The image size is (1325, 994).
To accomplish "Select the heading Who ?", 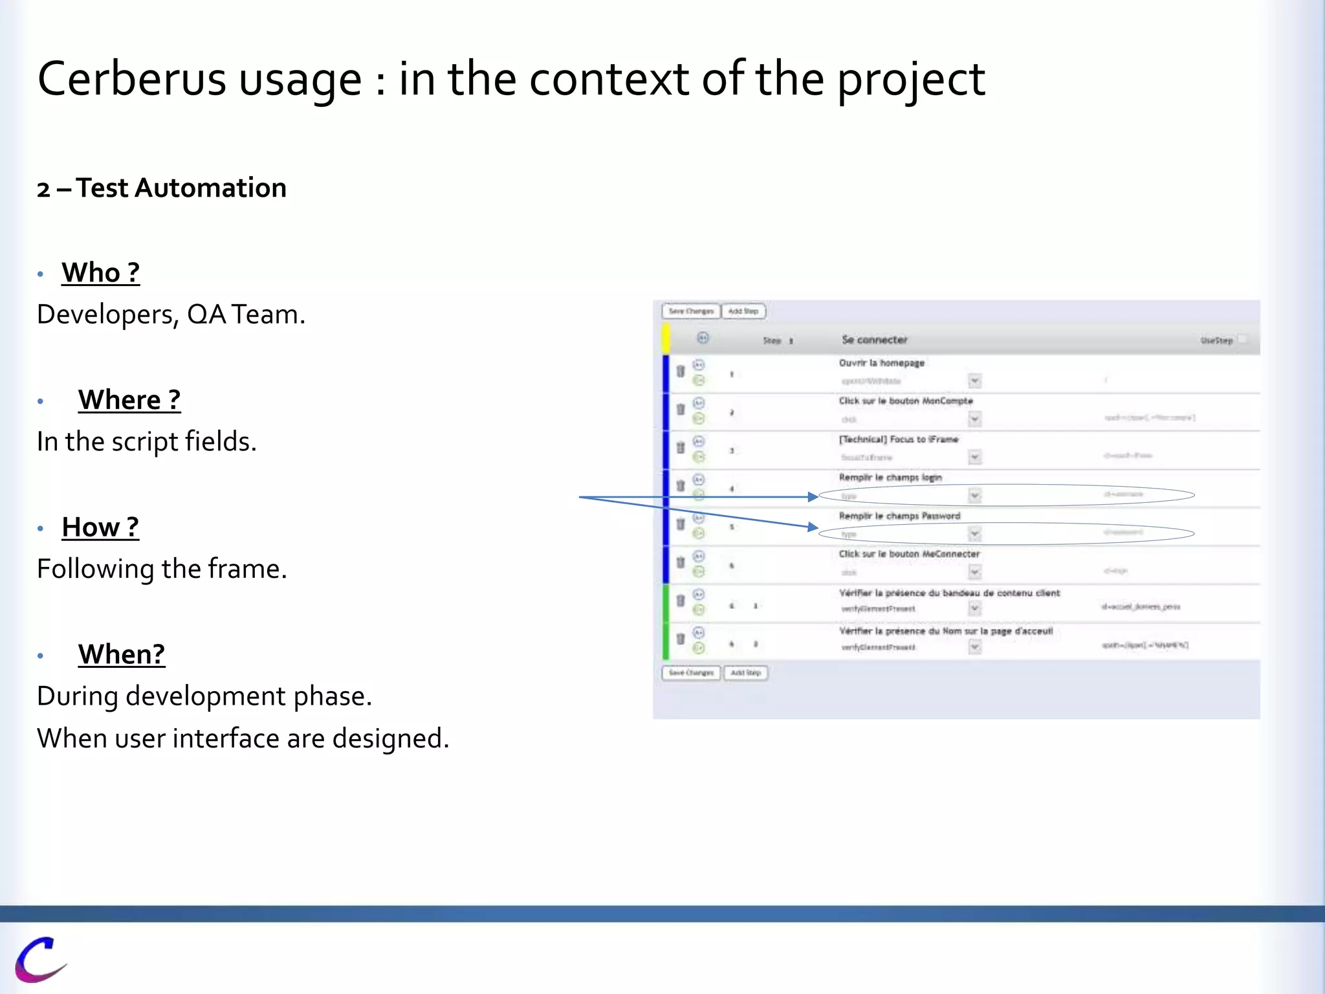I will pos(100,272).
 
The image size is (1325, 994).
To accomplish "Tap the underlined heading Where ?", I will pos(129,400).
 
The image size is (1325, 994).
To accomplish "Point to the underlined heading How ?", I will pos(100,527).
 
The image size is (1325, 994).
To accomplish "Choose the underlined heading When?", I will pos(122,654).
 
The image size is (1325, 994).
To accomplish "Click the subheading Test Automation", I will pos(181,188).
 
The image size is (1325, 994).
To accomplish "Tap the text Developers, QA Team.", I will pos(171,315).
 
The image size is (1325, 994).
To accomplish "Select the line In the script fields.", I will pos(147,442).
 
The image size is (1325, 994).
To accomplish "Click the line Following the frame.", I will pos(162,569).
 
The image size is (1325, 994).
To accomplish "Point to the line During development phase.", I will pos(204,696).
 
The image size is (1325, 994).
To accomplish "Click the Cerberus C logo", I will pos(40,959).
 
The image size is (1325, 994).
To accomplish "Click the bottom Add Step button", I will pos(745,673).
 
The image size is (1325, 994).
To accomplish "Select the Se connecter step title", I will pos(874,340).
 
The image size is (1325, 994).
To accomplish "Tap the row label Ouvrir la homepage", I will pos(881,363).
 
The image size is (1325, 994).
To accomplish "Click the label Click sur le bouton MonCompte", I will pos(905,401).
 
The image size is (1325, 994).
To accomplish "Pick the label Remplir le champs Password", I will pos(899,516).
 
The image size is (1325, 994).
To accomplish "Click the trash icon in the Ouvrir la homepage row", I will pos(681,371).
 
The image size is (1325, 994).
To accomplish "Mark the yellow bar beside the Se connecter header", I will pos(665,339).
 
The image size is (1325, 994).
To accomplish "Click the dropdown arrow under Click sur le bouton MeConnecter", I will pos(974,571).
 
